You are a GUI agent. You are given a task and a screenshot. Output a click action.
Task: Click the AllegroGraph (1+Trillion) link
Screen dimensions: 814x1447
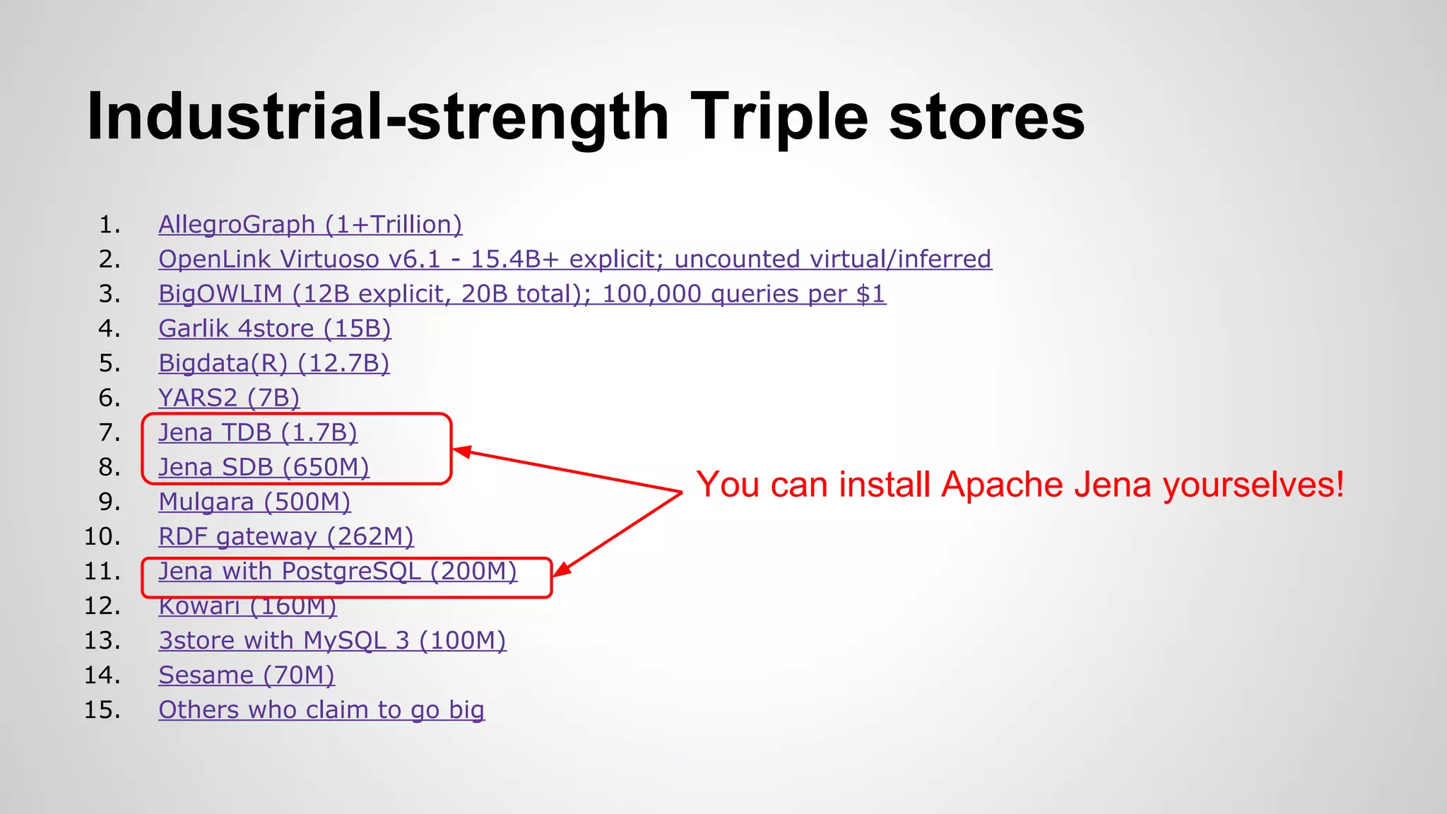click(310, 225)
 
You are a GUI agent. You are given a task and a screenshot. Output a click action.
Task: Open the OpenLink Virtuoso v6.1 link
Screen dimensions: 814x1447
click(574, 259)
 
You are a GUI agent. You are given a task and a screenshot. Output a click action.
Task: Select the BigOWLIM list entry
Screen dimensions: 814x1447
click(521, 294)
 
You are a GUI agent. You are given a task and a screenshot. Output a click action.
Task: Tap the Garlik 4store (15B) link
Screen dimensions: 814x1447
click(274, 329)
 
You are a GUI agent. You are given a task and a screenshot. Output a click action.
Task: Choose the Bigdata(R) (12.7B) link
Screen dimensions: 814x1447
click(273, 363)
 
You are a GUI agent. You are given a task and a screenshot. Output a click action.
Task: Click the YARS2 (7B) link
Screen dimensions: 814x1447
click(229, 398)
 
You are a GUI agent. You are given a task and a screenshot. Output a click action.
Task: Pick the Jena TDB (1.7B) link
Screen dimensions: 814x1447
click(257, 432)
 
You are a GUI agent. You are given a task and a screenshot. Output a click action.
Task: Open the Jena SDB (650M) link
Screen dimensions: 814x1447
click(264, 467)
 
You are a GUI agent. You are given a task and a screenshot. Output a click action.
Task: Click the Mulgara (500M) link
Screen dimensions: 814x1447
click(254, 502)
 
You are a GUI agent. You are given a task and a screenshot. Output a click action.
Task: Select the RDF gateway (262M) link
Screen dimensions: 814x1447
click(285, 536)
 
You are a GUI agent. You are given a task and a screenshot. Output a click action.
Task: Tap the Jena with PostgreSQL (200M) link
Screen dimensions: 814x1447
click(337, 571)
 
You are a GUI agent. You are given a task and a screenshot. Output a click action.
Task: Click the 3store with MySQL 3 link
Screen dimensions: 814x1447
click(332, 640)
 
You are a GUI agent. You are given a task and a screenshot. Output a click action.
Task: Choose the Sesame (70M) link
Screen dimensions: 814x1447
click(246, 675)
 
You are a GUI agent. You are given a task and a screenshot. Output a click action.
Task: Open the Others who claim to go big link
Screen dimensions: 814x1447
click(321, 709)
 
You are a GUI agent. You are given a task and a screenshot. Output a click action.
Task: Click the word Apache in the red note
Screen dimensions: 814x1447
click(1002, 485)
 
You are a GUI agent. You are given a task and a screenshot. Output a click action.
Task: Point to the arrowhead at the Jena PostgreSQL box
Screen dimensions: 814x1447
click(560, 570)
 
